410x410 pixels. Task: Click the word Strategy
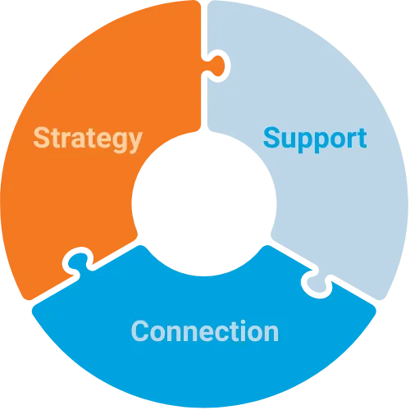(88, 139)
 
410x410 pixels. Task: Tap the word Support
(315, 139)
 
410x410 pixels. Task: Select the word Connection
(205, 331)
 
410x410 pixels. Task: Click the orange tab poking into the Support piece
(217, 66)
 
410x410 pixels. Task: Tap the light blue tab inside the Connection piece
(318, 285)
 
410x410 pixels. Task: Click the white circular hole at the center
(204, 203)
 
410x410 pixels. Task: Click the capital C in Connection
(140, 331)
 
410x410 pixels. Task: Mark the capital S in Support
(273, 138)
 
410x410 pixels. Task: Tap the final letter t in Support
(362, 138)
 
